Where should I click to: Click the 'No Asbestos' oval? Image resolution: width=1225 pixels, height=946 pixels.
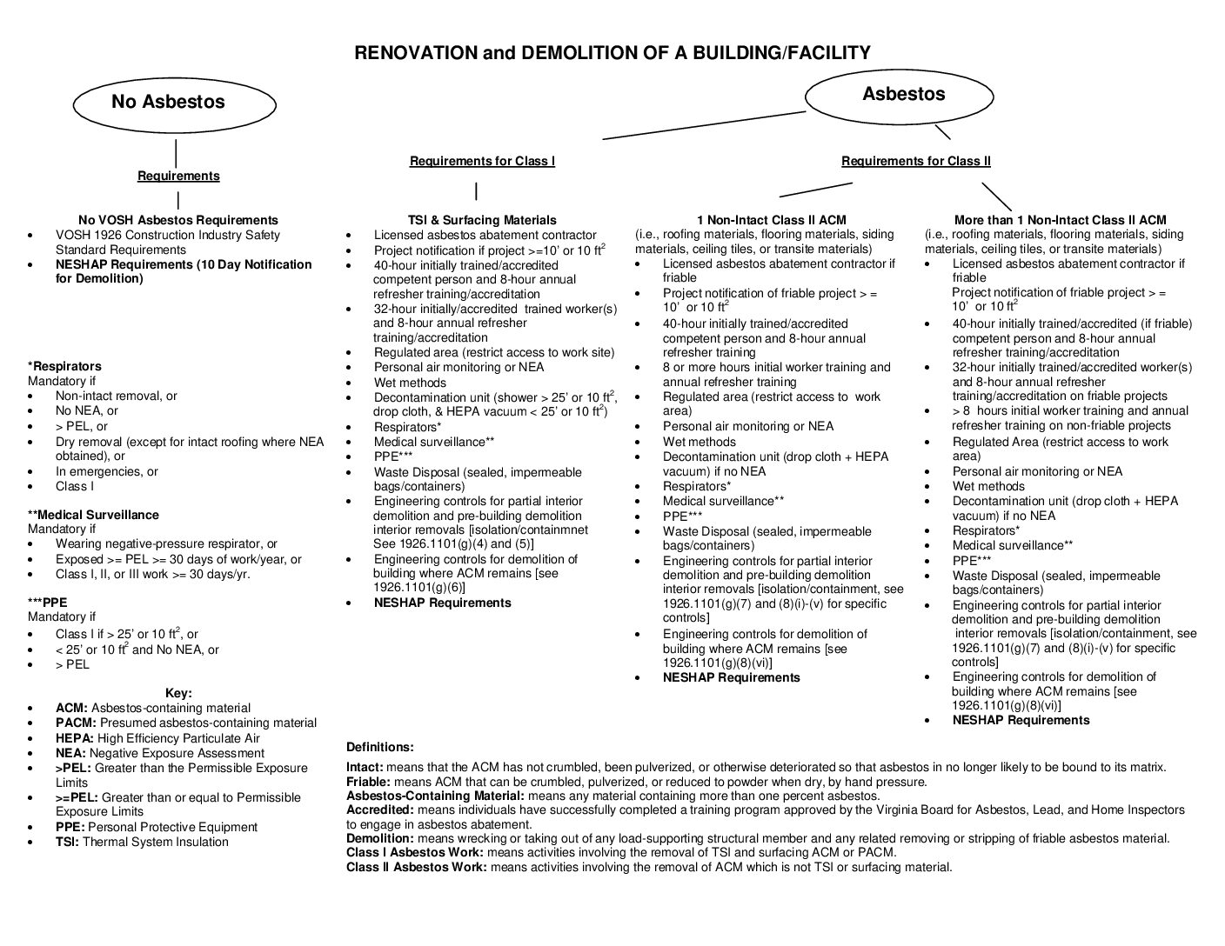(x=175, y=103)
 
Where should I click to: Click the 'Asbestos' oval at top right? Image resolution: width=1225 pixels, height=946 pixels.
(x=903, y=95)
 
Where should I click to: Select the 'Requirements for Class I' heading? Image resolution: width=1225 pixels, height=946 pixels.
(x=482, y=161)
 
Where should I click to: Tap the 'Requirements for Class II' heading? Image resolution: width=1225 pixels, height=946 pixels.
(x=915, y=161)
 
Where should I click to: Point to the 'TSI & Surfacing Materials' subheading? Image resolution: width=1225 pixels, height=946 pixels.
(x=482, y=220)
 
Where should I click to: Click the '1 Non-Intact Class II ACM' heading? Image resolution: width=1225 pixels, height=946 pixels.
(x=771, y=220)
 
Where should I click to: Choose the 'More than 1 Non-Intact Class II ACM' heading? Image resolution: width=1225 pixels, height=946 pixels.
(x=1060, y=220)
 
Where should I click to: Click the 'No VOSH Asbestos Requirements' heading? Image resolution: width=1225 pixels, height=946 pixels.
(x=178, y=220)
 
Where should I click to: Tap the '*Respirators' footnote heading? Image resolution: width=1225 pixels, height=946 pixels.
(x=64, y=366)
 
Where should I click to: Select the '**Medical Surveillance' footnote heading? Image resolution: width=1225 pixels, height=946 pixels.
(x=93, y=515)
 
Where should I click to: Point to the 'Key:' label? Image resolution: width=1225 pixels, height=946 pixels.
(x=178, y=693)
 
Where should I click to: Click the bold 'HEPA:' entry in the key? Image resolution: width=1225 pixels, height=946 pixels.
(x=75, y=738)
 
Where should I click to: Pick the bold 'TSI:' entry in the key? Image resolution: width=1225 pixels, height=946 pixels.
(x=68, y=842)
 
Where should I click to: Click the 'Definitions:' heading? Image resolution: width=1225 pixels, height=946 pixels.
(x=380, y=747)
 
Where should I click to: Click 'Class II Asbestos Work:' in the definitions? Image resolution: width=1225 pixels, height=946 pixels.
(x=416, y=867)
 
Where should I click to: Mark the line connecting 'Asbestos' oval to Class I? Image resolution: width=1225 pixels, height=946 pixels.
(x=705, y=125)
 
